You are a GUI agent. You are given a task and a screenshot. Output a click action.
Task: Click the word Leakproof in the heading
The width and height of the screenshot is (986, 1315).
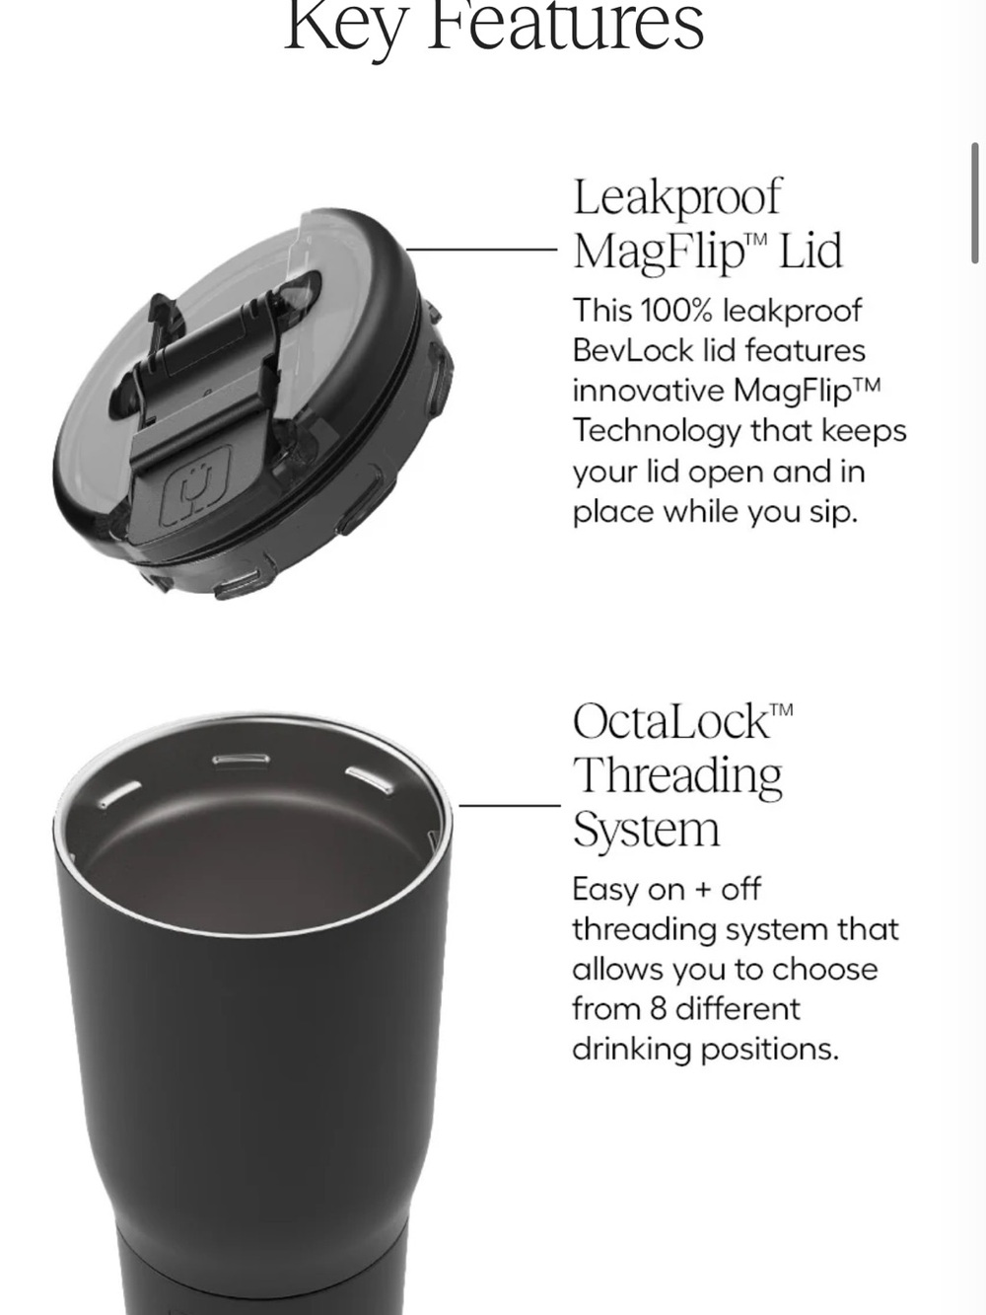tap(677, 196)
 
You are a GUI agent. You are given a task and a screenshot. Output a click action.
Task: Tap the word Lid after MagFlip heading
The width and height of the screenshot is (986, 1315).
tap(810, 251)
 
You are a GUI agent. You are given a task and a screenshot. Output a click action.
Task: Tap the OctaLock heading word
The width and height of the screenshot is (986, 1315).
tap(671, 721)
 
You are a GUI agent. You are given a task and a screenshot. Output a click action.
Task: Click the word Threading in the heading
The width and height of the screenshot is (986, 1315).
tap(677, 777)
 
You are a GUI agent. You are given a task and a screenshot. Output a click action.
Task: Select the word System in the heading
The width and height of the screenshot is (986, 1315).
tap(647, 831)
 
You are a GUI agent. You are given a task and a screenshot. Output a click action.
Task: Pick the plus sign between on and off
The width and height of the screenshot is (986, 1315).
tap(703, 890)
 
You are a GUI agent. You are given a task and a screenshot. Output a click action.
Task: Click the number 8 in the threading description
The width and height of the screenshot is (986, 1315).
tap(658, 1009)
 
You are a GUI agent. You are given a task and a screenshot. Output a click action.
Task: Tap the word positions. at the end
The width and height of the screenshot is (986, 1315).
tap(770, 1051)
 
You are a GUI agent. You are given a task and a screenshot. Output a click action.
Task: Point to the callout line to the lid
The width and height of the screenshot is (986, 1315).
tap(481, 250)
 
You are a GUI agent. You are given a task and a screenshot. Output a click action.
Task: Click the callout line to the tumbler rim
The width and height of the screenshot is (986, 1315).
tap(510, 806)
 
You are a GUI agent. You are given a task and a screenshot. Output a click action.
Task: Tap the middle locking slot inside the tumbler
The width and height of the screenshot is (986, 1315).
tap(241, 760)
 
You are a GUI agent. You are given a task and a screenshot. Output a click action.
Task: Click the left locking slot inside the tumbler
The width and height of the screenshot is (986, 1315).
tap(119, 794)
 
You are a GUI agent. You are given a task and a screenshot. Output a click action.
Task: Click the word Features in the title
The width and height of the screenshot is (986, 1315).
tap(565, 27)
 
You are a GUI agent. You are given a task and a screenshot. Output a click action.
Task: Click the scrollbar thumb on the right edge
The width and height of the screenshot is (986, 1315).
tap(975, 203)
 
